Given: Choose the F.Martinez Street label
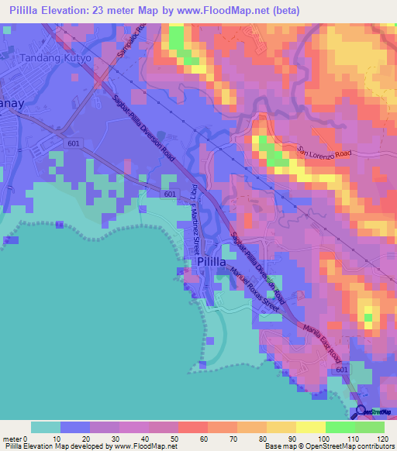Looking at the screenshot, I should tap(192, 216).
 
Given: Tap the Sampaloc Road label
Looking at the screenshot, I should tap(138, 43).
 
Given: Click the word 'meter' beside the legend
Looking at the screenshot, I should tap(13, 439).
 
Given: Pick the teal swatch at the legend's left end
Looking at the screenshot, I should tap(45, 427).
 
